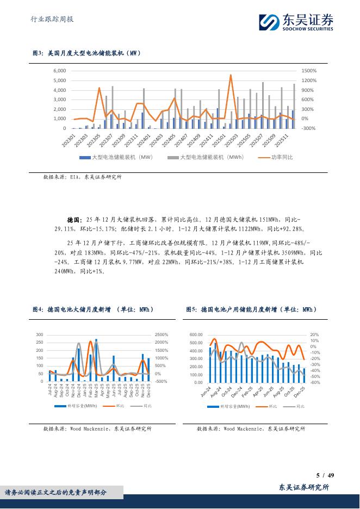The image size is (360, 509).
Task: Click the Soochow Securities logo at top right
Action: coord(296,22)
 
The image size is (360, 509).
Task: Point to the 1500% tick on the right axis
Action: coord(308,71)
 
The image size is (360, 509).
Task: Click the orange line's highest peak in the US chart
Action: coord(231,75)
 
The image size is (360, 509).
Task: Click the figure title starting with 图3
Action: coord(88,53)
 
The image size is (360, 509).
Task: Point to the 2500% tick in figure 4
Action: coord(162,335)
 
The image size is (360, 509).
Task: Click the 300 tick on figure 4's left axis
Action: coord(40,335)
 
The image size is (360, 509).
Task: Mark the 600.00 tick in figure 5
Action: coord(196,335)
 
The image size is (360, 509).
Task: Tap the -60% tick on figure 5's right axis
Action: coord(314,382)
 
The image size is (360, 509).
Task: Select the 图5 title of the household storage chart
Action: coord(251,309)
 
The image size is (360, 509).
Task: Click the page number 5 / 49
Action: coord(325,475)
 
